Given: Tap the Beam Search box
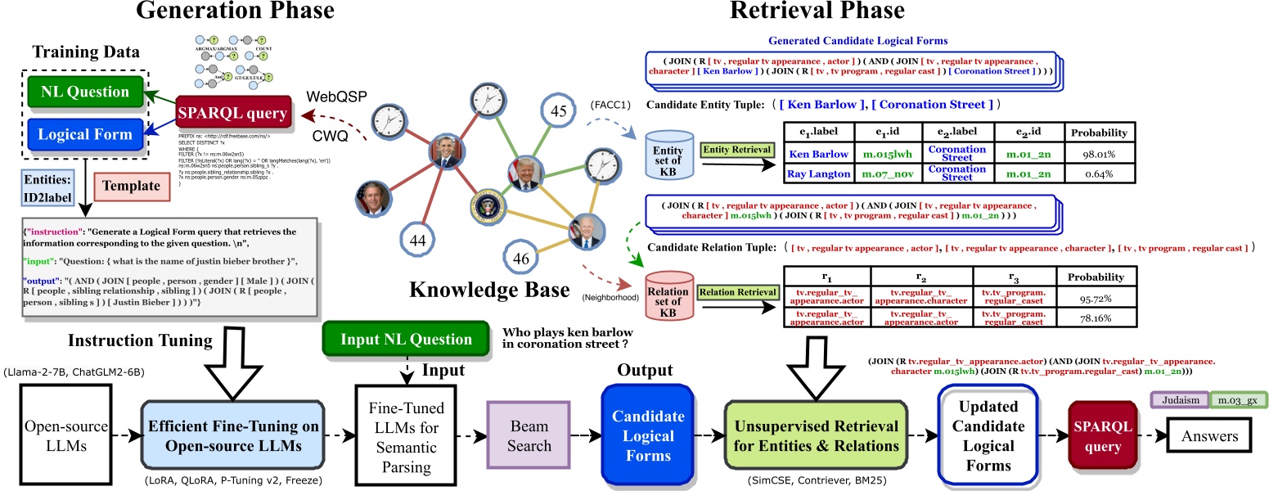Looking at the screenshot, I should (x=528, y=435).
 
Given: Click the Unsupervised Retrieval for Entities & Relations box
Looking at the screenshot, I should (x=816, y=436).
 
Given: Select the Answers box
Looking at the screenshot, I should (x=1208, y=436).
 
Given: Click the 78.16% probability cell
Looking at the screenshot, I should (x=1096, y=318).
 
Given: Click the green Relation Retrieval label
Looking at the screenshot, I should (x=736, y=292).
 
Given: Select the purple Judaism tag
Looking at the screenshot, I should (x=1179, y=400).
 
